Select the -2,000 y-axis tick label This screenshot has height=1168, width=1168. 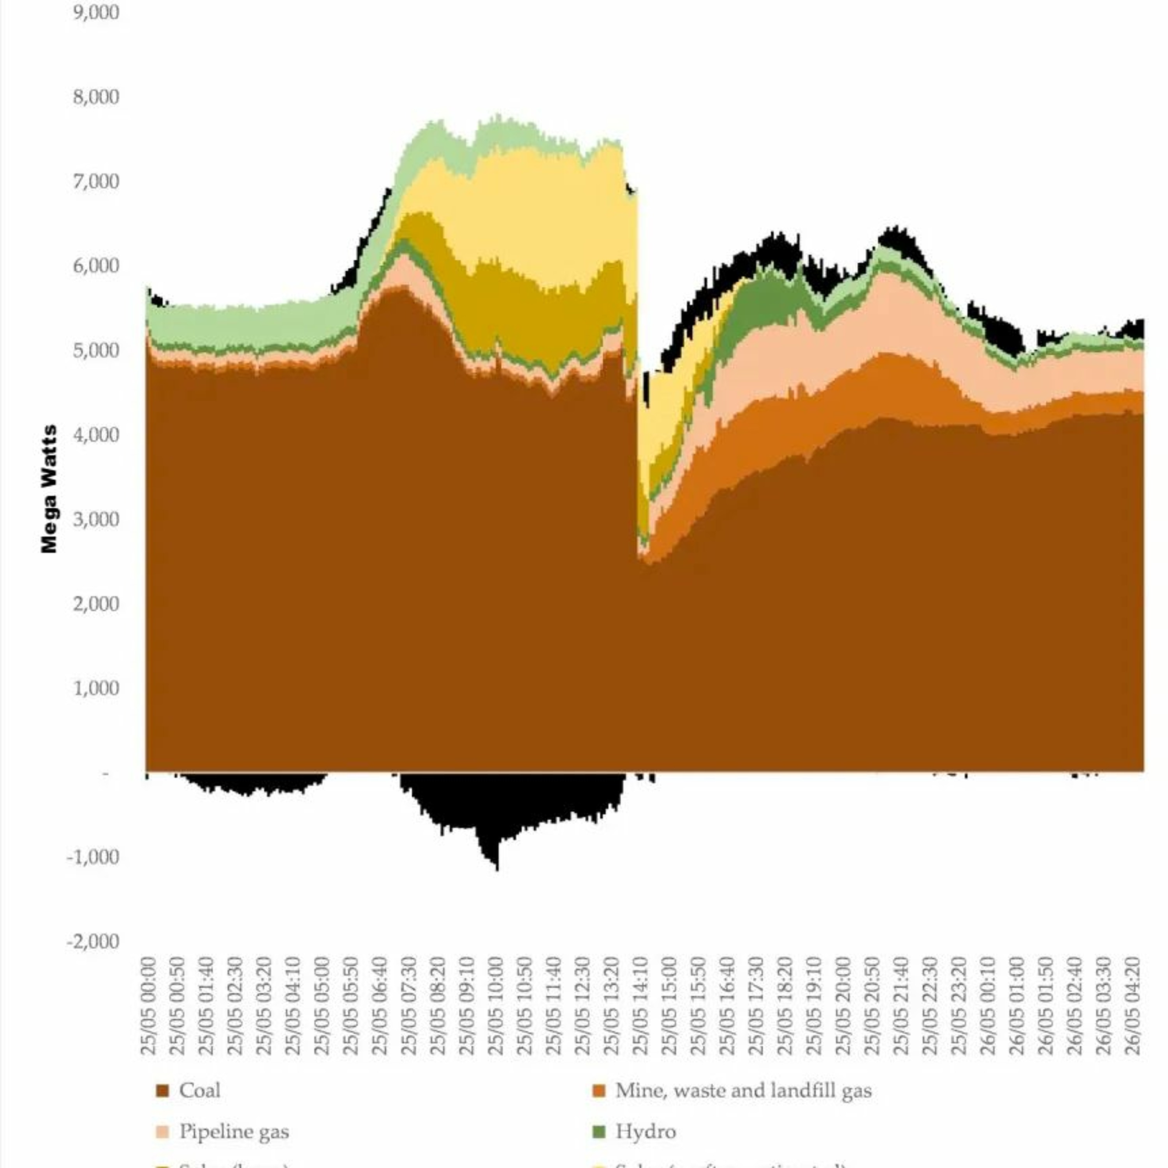93,942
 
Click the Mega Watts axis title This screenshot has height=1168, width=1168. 49,489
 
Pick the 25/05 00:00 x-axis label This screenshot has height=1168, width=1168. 148,1006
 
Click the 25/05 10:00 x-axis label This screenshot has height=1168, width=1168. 496,1006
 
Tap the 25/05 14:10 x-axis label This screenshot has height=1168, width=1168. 640,1006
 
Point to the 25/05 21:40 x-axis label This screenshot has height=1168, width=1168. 901,1006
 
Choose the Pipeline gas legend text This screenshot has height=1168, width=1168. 234,1132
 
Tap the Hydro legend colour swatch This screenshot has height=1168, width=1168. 598,1132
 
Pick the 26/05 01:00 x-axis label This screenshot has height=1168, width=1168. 1017,1006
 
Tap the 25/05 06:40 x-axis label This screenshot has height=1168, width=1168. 380,1006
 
